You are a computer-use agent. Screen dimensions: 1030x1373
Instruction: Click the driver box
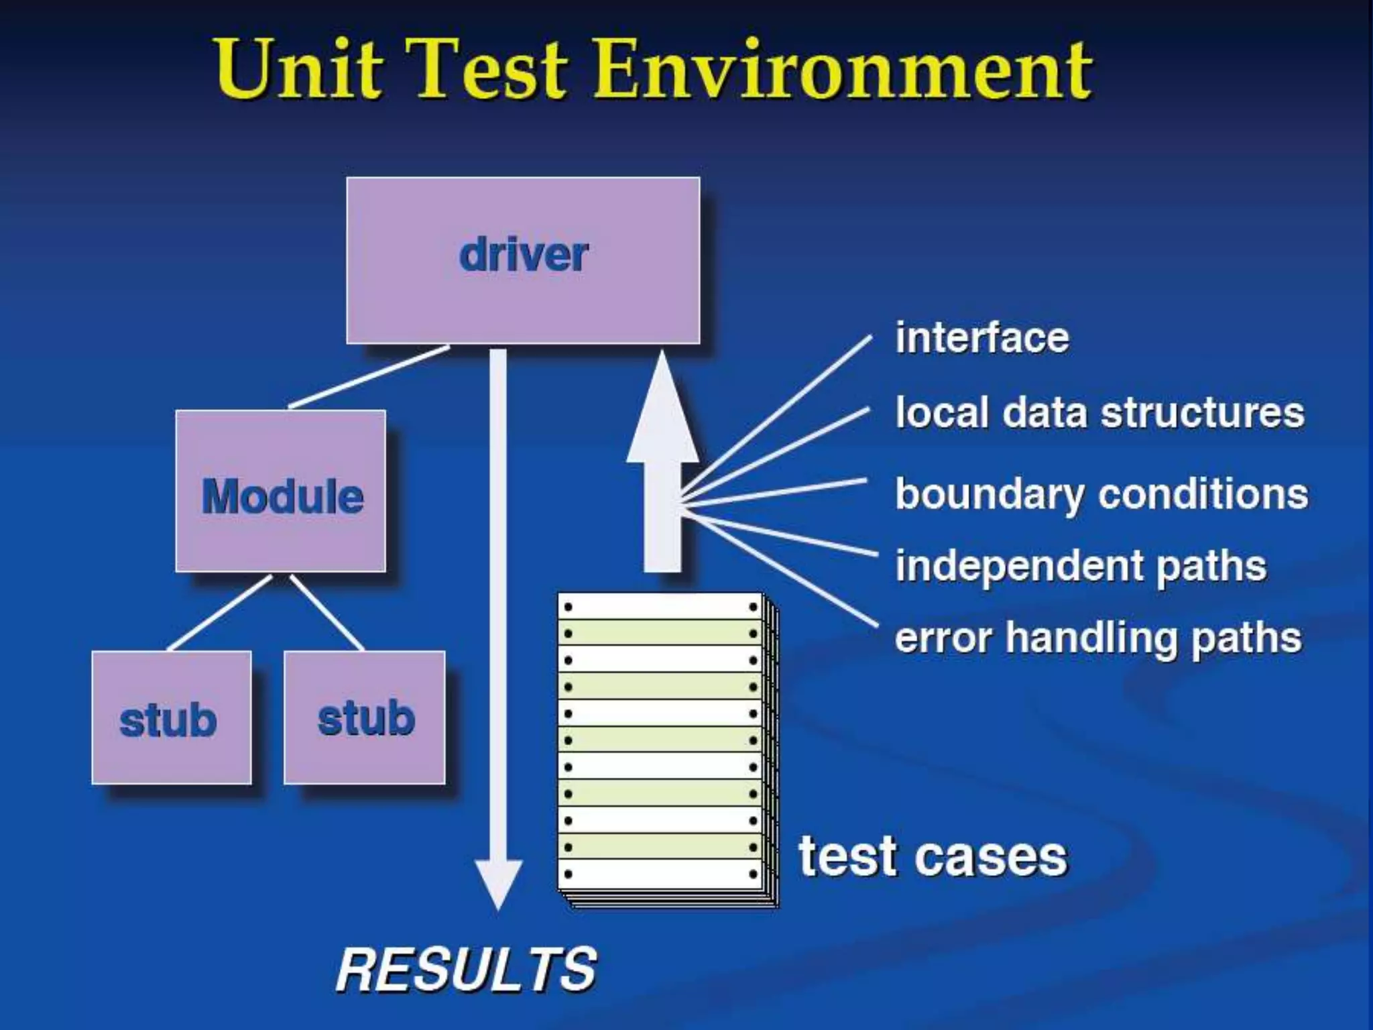pyautogui.click(x=523, y=260)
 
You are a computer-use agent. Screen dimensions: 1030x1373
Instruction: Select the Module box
pyautogui.click(x=281, y=492)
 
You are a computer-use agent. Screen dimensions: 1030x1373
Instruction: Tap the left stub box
pyautogui.click(x=171, y=718)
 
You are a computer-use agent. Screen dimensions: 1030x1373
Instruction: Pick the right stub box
pyautogui.click(x=365, y=718)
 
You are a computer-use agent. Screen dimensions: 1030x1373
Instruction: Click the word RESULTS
pyautogui.click(x=466, y=970)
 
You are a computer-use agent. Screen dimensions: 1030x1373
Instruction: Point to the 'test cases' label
pyautogui.click(x=932, y=857)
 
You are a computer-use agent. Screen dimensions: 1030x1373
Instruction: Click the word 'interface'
pyautogui.click(x=982, y=337)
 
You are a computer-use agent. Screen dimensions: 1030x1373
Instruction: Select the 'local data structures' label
pyautogui.click(x=1099, y=412)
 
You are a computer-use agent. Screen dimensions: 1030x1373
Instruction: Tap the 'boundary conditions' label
pyautogui.click(x=1101, y=494)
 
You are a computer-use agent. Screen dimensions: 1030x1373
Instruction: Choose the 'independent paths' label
pyautogui.click(x=1081, y=566)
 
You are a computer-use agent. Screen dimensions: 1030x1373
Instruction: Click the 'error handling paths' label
pyautogui.click(x=1098, y=637)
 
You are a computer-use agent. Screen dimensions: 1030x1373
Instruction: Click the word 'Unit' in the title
pyautogui.click(x=299, y=69)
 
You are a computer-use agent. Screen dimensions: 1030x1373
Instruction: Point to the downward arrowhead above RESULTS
pyautogui.click(x=499, y=882)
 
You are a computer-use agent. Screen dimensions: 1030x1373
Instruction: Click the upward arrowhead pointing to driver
pyautogui.click(x=662, y=409)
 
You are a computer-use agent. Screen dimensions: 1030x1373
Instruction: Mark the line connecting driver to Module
pyautogui.click(x=369, y=377)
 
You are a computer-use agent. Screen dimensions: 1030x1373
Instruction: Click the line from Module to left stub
pyautogui.click(x=219, y=612)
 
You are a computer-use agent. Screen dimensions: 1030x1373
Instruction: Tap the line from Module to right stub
pyautogui.click(x=326, y=612)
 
